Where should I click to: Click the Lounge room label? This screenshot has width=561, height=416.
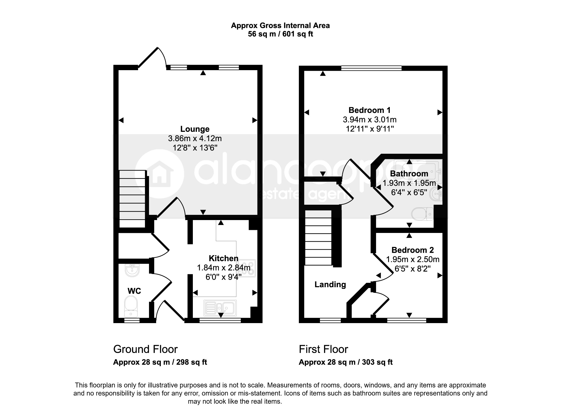(195, 129)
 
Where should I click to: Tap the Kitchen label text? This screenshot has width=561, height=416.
(224, 258)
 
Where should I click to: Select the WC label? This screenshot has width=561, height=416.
(134, 291)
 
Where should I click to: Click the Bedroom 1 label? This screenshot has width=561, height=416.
(370, 110)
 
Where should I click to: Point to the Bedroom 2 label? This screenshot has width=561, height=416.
(413, 250)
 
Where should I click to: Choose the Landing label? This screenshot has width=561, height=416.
(330, 285)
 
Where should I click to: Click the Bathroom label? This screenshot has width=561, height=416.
(409, 173)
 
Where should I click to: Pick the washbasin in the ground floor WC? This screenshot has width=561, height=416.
(132, 270)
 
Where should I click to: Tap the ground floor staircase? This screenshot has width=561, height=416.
(132, 199)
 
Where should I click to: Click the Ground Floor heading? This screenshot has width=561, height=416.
(145, 349)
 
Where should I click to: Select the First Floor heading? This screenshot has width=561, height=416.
(323, 349)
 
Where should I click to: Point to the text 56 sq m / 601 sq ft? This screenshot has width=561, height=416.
(280, 34)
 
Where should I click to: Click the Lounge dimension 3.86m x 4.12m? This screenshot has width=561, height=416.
(195, 138)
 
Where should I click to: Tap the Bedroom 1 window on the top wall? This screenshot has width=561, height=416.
(371, 68)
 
